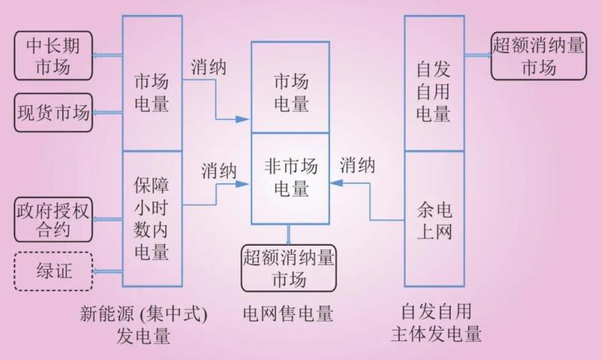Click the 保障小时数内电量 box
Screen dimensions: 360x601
tap(152, 219)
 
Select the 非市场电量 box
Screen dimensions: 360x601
tap(290, 177)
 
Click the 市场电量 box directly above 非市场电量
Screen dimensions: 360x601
tap(290, 87)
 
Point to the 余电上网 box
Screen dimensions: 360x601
tap(434, 219)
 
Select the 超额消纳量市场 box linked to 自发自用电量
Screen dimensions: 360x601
tap(538, 55)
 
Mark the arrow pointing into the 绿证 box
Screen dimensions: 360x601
tap(107, 271)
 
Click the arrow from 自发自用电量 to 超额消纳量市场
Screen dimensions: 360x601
tap(478, 55)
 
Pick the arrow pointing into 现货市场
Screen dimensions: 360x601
tap(107, 113)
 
